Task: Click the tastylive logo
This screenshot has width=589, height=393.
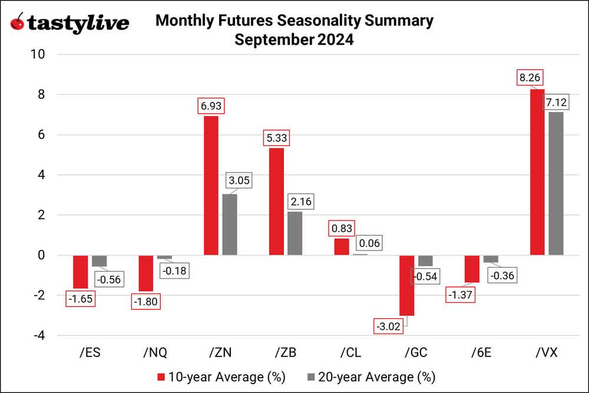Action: (70, 24)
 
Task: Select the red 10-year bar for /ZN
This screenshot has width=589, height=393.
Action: (211, 186)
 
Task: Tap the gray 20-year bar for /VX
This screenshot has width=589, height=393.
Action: (556, 183)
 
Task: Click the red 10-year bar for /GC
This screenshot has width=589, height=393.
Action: (407, 286)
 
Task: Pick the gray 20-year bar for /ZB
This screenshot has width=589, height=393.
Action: (294, 233)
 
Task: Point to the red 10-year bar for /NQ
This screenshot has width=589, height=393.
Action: (145, 273)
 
